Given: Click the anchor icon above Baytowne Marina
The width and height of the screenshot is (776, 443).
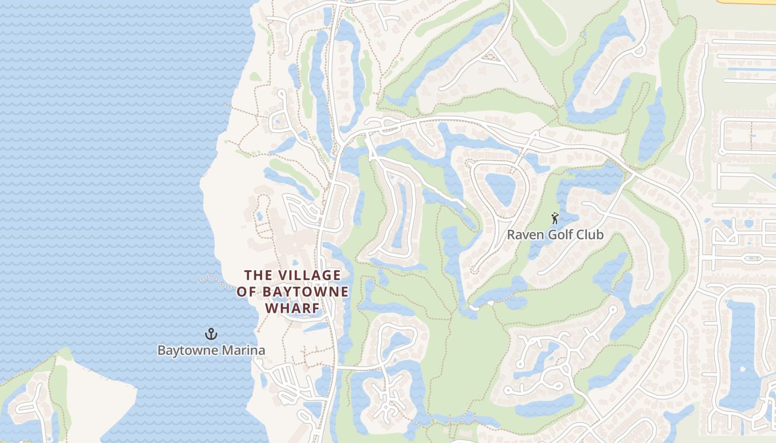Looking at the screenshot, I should [211, 333].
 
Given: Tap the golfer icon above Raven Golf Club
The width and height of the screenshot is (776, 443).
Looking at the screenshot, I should [555, 219].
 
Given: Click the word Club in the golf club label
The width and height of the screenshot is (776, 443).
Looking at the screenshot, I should [591, 235].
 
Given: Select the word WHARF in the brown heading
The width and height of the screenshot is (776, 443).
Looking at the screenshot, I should [292, 308].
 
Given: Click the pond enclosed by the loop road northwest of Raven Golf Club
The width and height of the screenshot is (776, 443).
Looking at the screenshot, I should [501, 189].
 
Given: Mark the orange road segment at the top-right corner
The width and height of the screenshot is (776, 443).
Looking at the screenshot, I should [746, 2].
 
